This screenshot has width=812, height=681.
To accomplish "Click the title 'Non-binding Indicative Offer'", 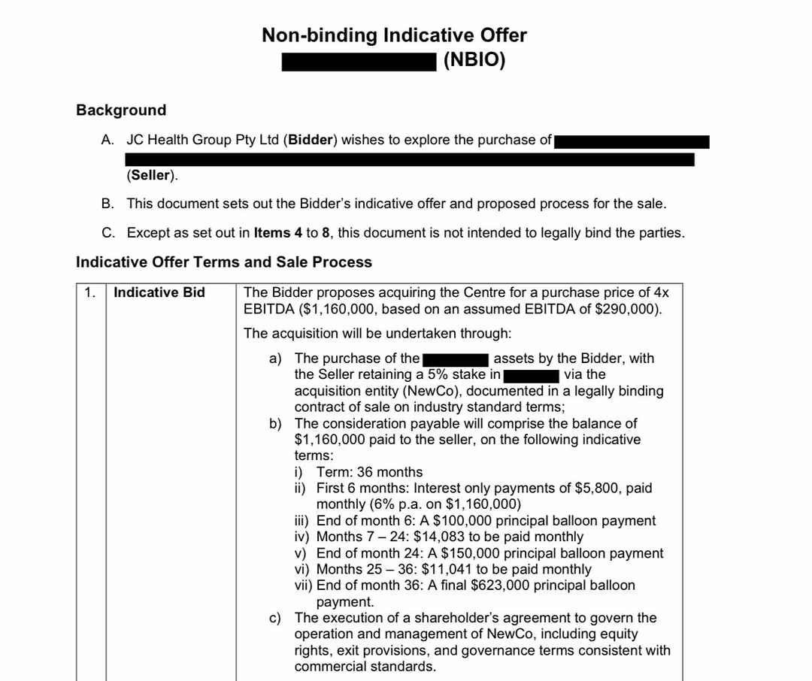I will tap(394, 35).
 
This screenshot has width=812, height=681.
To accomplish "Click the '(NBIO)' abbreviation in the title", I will tap(474, 60).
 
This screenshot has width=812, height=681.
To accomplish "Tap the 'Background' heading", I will tap(121, 110).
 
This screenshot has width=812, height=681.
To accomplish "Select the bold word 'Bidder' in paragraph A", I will tap(311, 140).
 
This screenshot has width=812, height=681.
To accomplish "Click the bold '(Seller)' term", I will tap(150, 176).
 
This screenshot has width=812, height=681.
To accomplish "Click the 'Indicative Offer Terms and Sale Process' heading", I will tap(224, 262).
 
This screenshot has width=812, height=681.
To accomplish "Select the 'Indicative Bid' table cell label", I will tap(159, 293).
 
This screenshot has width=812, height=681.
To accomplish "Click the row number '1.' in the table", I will tap(90, 293).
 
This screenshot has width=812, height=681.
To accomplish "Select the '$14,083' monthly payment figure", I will tap(439, 537).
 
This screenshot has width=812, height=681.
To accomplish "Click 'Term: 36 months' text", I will tap(369, 472).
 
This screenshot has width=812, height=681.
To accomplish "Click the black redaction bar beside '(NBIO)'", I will tap(359, 61).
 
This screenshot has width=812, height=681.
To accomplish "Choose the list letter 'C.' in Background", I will tap(109, 233).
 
